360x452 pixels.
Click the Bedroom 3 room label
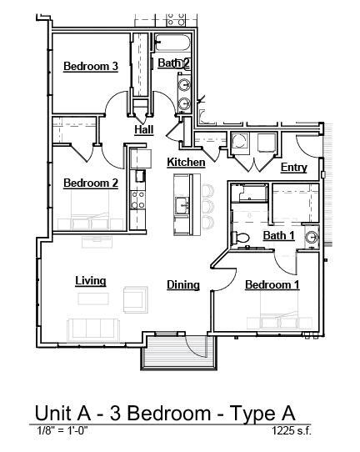91,67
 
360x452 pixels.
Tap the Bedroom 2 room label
91,183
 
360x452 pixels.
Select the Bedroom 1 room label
272,285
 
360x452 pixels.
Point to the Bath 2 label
173,63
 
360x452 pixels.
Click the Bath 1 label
278,236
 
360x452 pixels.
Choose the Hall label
143,130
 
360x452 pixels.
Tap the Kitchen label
186,162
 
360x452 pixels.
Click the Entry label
293,168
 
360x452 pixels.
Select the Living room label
90,281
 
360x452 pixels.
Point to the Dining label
182,285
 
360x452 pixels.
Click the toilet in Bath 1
243,238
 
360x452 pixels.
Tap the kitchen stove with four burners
138,199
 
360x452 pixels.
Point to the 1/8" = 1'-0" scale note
62,430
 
